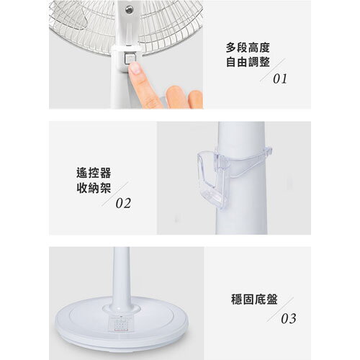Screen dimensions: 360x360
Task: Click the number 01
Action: tap(280, 79)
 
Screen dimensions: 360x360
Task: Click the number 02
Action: tap(123, 203)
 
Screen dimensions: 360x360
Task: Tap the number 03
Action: tap(289, 318)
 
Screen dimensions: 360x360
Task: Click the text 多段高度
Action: tap(248, 48)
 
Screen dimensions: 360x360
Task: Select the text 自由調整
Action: tap(248, 62)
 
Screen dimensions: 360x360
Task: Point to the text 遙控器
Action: tap(94, 173)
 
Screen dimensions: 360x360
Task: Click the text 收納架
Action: tap(94, 188)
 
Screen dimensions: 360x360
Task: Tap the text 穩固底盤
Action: tap(254, 300)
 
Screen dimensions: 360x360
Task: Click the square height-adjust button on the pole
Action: tap(130, 58)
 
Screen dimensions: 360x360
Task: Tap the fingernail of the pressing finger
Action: tap(135, 68)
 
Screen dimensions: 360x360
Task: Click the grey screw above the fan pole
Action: tap(129, 10)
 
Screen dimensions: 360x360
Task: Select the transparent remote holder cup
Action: tap(213, 179)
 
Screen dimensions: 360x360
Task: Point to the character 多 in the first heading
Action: tap(231, 48)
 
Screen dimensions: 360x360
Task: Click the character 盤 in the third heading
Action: tap(272, 300)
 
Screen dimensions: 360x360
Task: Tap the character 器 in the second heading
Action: tap(106, 173)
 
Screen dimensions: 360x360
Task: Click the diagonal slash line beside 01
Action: tap(273, 70)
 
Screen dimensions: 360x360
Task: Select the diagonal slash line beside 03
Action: tap(280, 310)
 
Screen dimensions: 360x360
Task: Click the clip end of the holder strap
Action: tap(269, 150)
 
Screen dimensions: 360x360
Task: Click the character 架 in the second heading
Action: tap(106, 188)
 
